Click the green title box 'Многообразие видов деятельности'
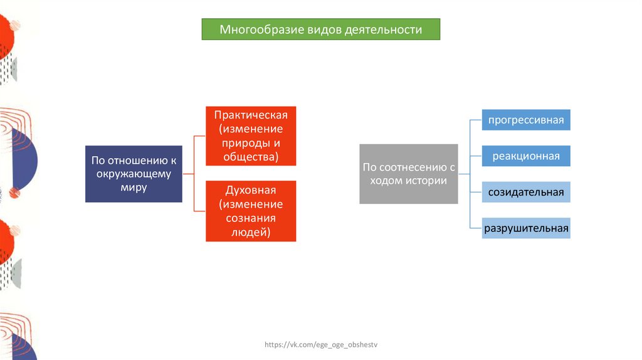pos(320,29)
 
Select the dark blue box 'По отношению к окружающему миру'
pos(134,174)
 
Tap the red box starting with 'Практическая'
pos(251,136)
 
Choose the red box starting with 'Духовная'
pos(251,211)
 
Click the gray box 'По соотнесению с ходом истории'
pos(408,174)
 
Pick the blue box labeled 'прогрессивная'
pos(526,119)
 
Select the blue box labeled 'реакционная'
pos(526,156)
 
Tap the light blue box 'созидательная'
pos(526,192)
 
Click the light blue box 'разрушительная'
pos(526,228)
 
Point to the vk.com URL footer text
pos(321,345)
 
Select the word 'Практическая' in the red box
pos(251,115)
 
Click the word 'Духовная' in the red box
pos(251,190)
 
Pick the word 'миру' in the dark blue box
pos(134,188)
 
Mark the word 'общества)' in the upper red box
pos(251,157)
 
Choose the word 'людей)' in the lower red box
pos(251,232)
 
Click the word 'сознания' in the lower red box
pos(251,218)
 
